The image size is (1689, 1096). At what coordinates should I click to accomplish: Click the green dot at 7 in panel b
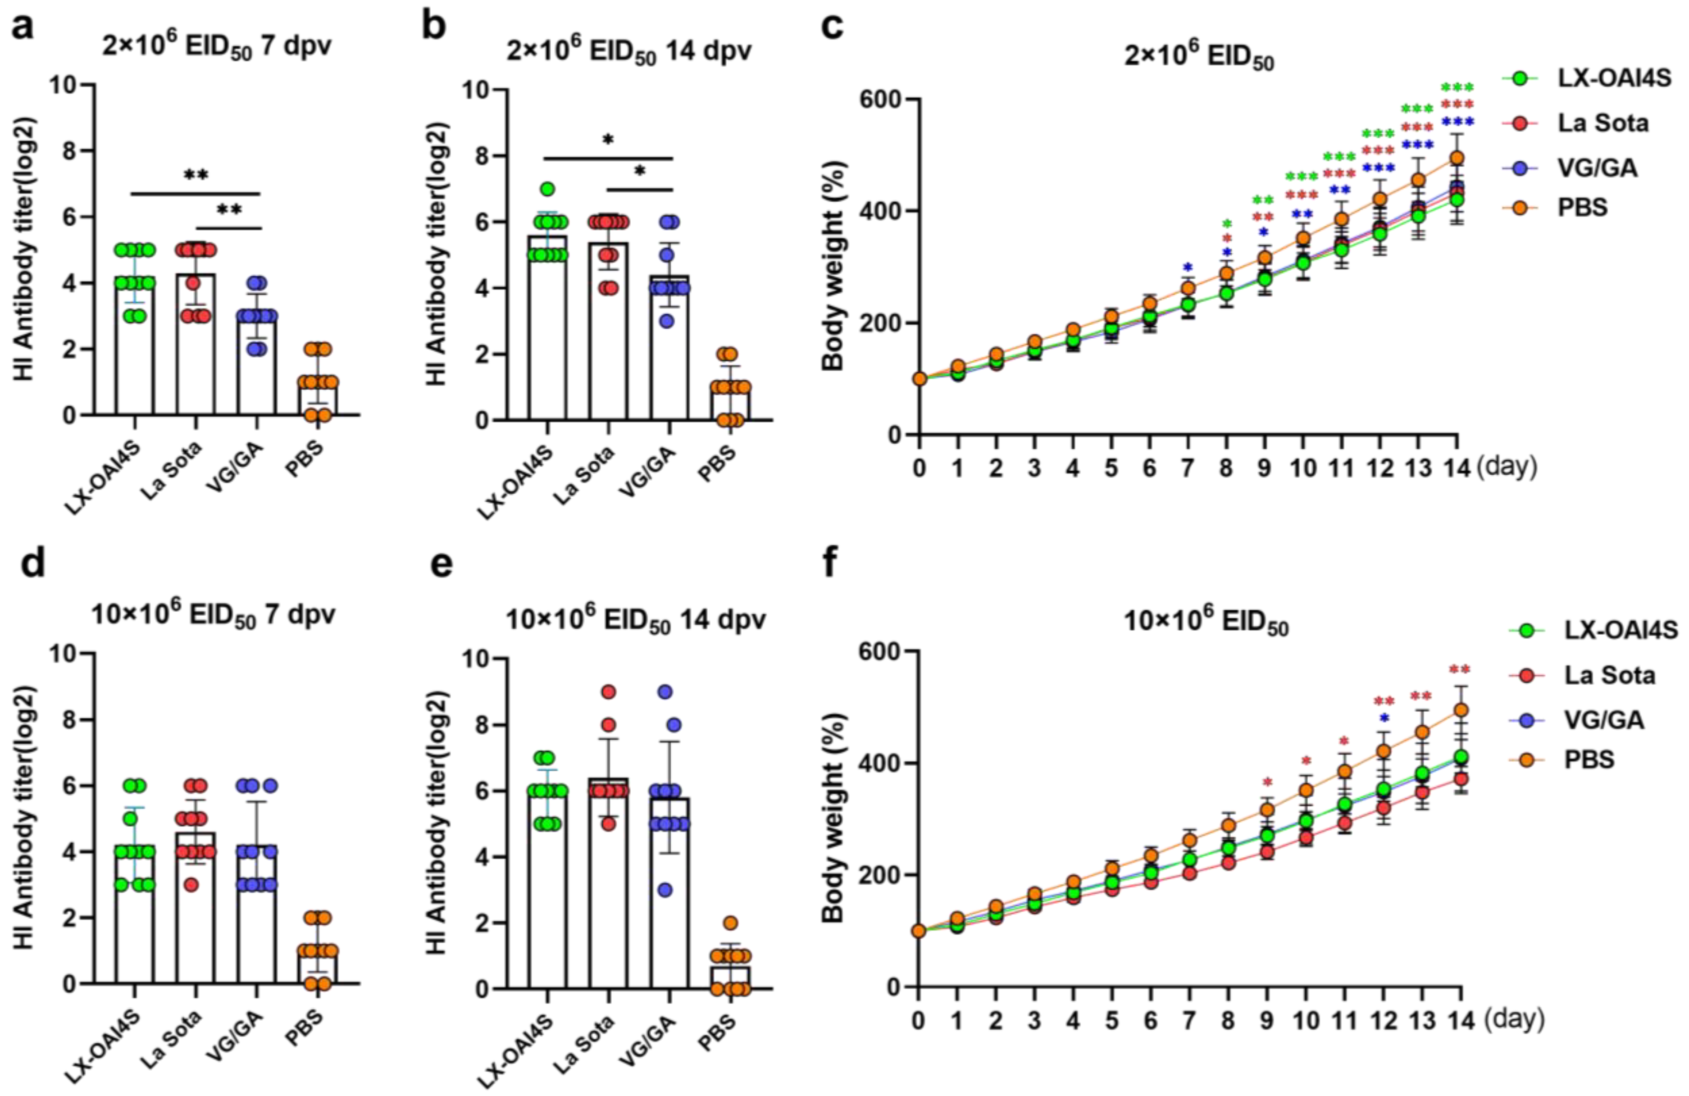point(546,189)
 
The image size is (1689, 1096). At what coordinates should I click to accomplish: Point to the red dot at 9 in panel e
point(608,691)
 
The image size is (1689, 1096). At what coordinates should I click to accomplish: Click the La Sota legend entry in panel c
point(1603,123)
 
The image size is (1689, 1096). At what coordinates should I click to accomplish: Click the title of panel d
point(213,614)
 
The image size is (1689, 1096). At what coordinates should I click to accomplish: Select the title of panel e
point(635,620)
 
